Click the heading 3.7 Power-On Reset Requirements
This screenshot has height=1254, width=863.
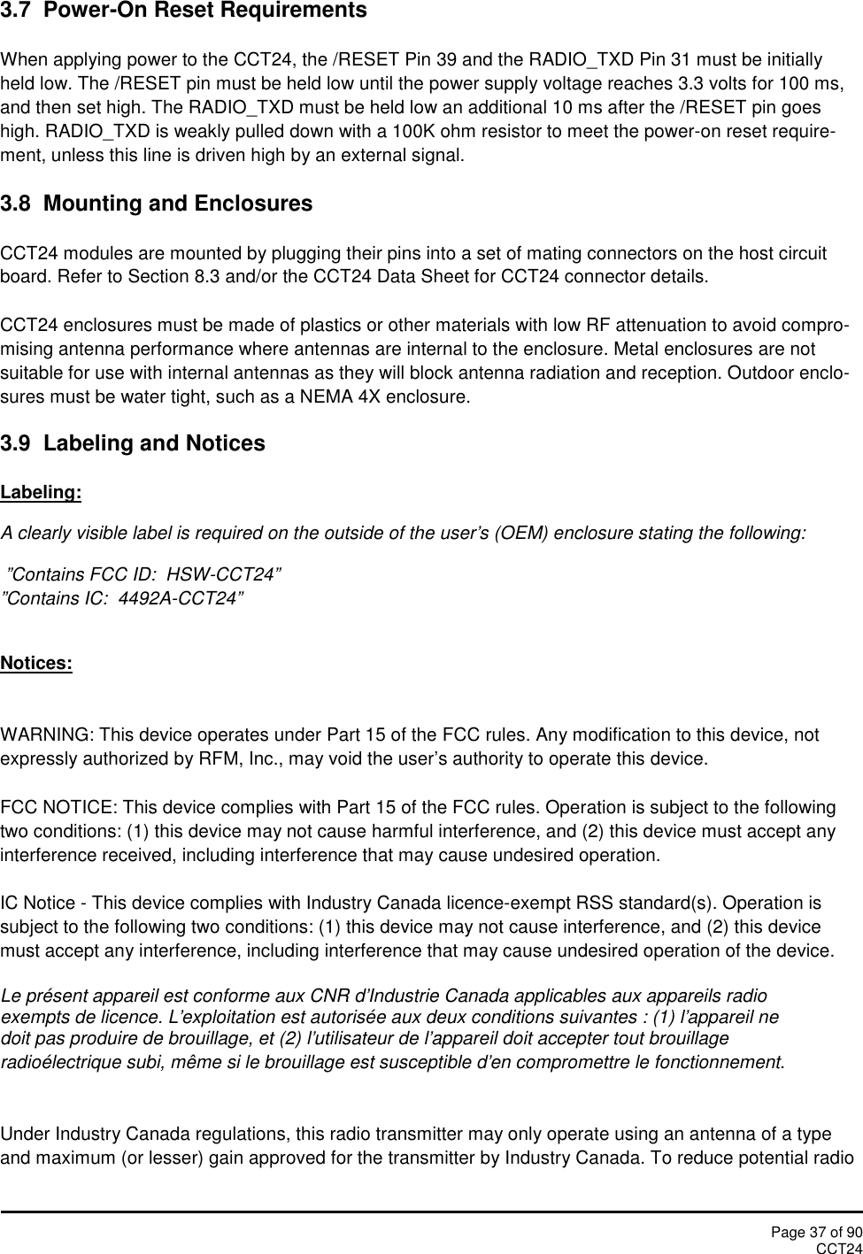(183, 12)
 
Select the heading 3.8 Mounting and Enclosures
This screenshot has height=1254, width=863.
(156, 204)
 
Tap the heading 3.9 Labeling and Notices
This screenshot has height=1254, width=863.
(133, 444)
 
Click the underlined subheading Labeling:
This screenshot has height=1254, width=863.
(41, 493)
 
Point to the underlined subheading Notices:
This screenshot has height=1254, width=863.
(36, 664)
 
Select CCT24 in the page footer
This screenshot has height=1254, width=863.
(838, 1248)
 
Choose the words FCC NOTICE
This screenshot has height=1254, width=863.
(58, 808)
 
